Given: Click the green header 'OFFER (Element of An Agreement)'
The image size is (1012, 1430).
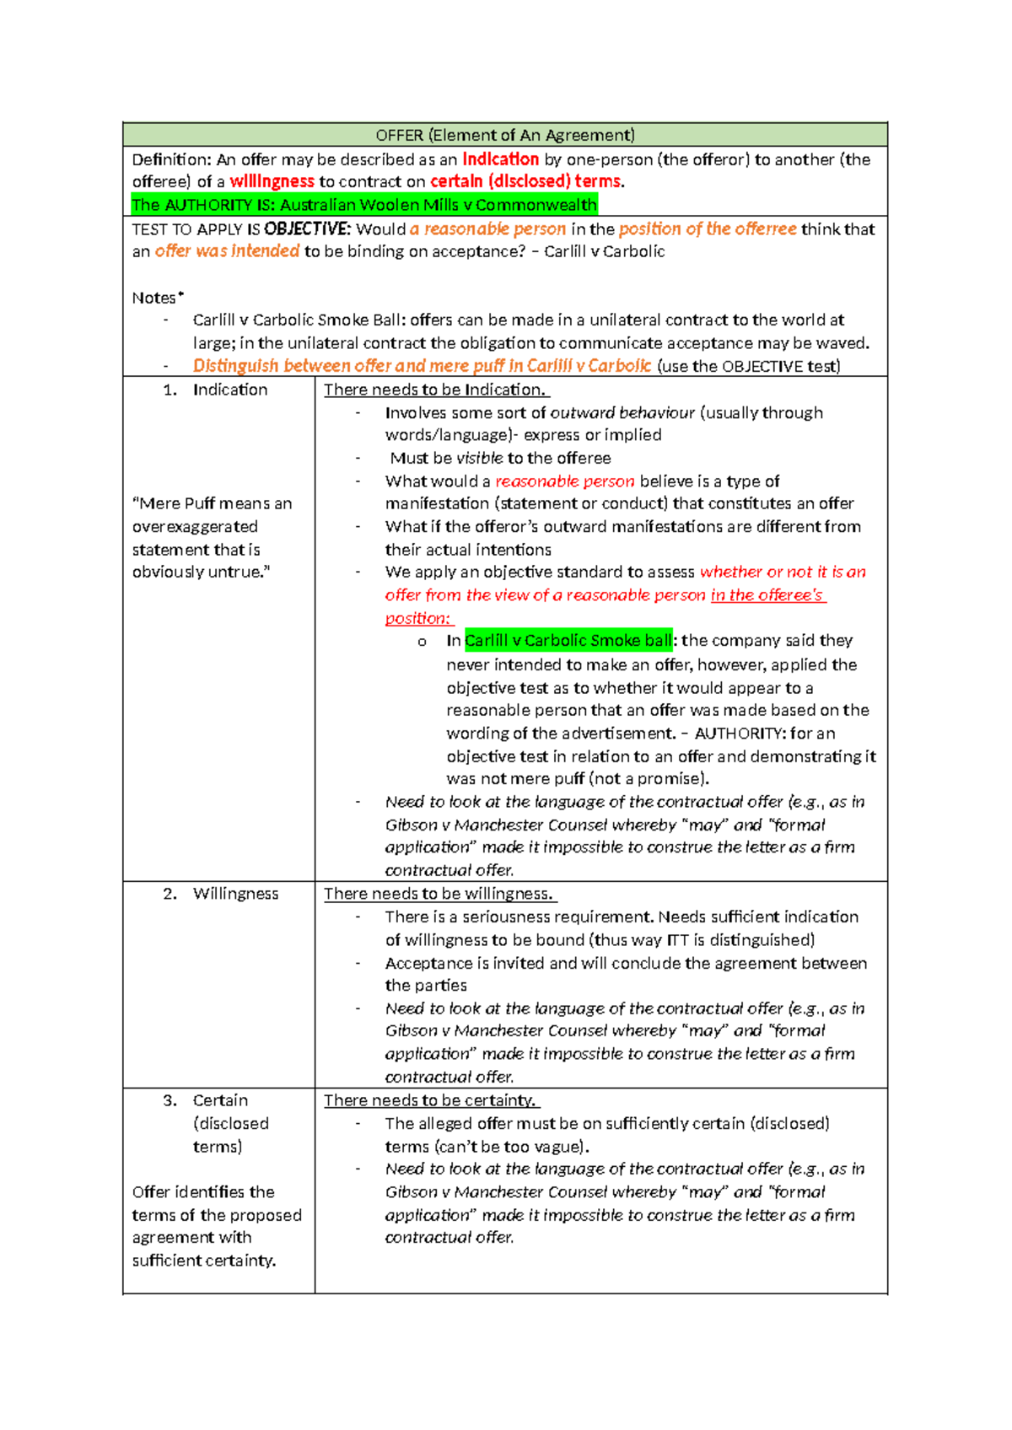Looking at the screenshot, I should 504,135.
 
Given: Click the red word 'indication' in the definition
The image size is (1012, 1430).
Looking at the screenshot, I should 500,159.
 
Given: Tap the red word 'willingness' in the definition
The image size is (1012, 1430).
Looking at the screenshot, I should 272,181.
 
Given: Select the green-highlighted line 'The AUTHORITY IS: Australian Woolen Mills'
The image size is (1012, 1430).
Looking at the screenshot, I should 364,205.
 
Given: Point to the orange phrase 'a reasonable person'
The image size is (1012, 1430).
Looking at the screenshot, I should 487,229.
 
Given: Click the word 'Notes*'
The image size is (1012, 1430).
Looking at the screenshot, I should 157,298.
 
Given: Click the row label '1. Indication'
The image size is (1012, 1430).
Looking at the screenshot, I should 216,390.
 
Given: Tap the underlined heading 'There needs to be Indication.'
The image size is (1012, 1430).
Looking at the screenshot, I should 435,390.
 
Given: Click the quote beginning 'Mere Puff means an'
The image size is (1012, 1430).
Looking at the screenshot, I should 212,503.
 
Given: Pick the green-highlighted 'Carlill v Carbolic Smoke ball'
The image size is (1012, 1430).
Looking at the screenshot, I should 568,641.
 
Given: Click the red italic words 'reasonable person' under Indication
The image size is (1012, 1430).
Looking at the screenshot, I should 564,481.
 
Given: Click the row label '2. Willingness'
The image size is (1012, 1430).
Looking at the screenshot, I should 221,894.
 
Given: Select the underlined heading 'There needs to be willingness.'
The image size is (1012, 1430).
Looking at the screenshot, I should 439,894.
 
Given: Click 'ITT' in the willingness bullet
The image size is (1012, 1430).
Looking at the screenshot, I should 677,940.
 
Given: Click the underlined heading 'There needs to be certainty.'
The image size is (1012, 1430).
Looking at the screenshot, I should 430,1100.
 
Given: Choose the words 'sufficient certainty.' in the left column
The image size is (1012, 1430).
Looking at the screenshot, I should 204,1261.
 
